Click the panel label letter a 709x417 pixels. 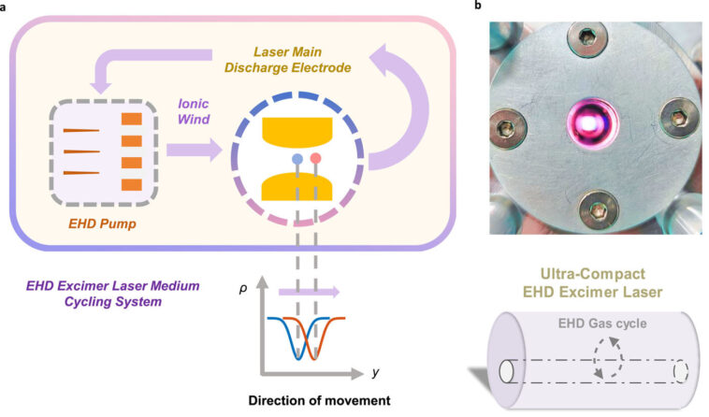[x=5, y=7]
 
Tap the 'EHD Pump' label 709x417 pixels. [x=96, y=224]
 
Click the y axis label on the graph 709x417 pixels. [x=375, y=372]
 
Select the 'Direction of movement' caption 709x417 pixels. [x=317, y=401]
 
